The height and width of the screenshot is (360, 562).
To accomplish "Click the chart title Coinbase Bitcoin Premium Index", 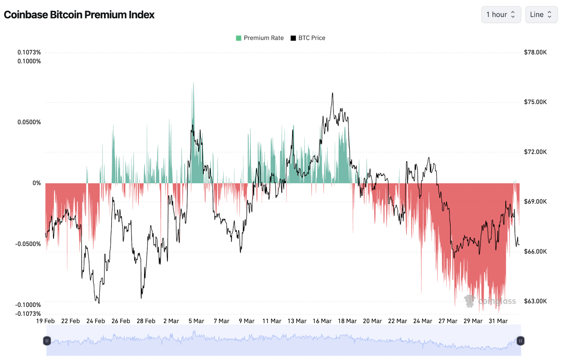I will click(x=79, y=15).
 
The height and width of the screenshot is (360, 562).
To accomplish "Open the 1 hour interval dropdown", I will click(x=501, y=14).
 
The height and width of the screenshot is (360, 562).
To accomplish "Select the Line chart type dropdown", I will click(x=541, y=14).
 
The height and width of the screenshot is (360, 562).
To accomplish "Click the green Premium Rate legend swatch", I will click(x=238, y=38).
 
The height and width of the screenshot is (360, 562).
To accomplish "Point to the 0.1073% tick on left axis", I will click(x=29, y=52).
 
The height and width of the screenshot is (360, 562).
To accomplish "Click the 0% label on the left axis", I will click(x=37, y=183).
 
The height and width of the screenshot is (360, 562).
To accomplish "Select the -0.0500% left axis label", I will click(x=28, y=244).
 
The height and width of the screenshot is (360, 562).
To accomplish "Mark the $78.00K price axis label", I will click(x=535, y=52).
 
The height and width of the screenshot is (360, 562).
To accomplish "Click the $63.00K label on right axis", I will click(x=535, y=301).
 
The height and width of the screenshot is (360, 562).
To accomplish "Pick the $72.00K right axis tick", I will click(x=535, y=152).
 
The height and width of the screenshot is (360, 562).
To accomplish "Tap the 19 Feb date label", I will click(x=45, y=321).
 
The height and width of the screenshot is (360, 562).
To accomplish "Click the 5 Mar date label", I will click(x=196, y=321).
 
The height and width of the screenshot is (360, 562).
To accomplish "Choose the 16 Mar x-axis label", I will click(x=322, y=321).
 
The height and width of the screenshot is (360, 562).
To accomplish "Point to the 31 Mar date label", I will click(x=498, y=321).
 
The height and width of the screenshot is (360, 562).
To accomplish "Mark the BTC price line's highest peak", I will click(x=332, y=93).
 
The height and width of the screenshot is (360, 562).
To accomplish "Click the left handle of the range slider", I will click(x=47, y=341).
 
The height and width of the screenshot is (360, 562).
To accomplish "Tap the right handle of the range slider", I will click(x=520, y=341).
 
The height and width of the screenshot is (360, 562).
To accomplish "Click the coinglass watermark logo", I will click(x=470, y=301).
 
